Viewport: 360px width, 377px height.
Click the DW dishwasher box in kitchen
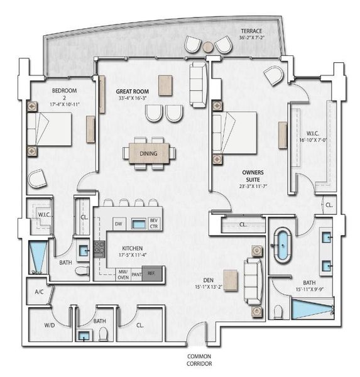117,223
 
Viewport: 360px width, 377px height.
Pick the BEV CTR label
153,223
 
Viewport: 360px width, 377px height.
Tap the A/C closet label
39,292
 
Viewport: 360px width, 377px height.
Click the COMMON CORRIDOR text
199,360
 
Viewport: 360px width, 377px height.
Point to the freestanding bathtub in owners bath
281,244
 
